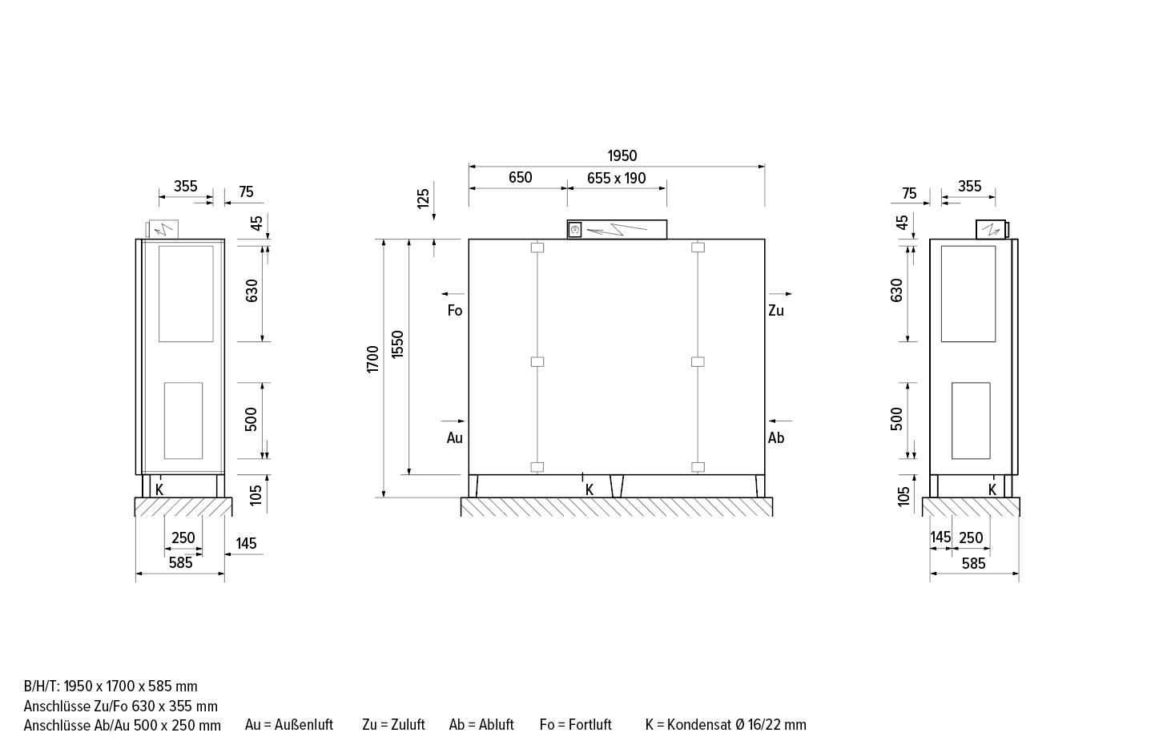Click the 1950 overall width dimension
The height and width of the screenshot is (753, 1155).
click(622, 155)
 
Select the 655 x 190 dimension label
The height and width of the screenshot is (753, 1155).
click(616, 178)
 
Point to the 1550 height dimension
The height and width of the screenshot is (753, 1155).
click(398, 344)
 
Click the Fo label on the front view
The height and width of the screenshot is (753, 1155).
click(454, 311)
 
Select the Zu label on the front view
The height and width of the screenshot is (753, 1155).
click(775, 311)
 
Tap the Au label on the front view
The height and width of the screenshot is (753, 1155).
click(454, 438)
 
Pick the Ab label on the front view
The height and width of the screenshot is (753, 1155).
click(775, 438)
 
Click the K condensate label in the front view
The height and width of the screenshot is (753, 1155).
click(589, 489)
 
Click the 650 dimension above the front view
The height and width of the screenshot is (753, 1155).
click(520, 178)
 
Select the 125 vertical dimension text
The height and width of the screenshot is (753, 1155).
click(424, 195)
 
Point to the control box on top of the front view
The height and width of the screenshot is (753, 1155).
click(617, 229)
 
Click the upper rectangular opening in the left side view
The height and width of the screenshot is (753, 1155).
click(186, 294)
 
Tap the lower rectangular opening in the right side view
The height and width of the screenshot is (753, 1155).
click(970, 421)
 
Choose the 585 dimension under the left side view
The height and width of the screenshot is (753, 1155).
click(180, 563)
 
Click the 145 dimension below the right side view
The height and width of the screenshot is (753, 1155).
click(940, 538)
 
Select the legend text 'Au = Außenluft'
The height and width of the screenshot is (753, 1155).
click(288, 725)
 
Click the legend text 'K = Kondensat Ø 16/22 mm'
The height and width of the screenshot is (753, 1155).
click(726, 725)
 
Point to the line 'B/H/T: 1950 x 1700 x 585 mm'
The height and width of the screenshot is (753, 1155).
click(111, 687)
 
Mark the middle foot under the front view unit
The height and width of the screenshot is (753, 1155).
click(616, 486)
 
